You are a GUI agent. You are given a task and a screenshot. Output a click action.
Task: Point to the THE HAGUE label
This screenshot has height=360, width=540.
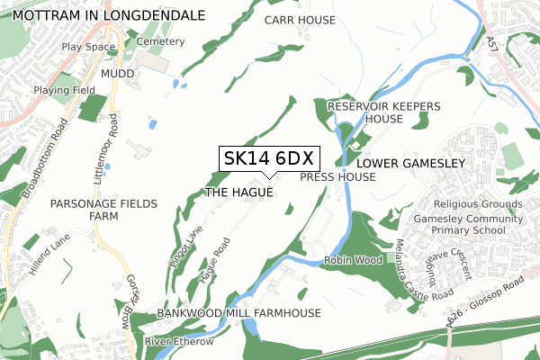coord(238,193)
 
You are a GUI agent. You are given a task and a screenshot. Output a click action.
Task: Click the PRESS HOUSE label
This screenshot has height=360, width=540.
coord(337,177)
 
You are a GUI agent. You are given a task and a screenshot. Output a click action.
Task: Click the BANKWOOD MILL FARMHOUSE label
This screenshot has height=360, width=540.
coord(238,312)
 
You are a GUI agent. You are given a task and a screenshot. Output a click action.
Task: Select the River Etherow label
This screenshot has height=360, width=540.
coord(179,342)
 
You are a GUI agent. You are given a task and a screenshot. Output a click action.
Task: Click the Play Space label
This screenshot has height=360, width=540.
coord(88,46)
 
